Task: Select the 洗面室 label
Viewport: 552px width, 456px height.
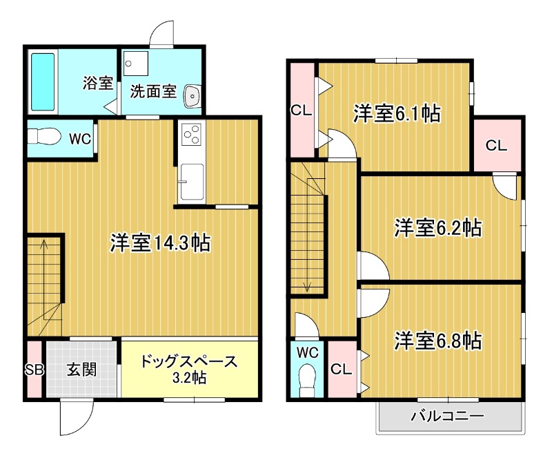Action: (154, 91)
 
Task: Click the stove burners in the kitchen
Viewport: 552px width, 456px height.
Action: (191, 133)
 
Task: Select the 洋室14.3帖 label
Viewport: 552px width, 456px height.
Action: (161, 243)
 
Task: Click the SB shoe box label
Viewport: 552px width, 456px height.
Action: (34, 370)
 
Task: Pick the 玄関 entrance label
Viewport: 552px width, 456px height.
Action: (81, 370)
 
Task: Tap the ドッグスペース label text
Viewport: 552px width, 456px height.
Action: (189, 361)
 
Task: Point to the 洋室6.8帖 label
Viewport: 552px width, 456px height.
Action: (437, 340)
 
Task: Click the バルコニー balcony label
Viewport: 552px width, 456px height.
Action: (448, 417)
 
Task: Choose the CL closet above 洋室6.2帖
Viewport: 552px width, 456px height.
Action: (495, 146)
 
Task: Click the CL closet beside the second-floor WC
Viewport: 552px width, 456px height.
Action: (340, 369)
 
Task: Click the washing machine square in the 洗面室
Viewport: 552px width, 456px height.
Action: (136, 66)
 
